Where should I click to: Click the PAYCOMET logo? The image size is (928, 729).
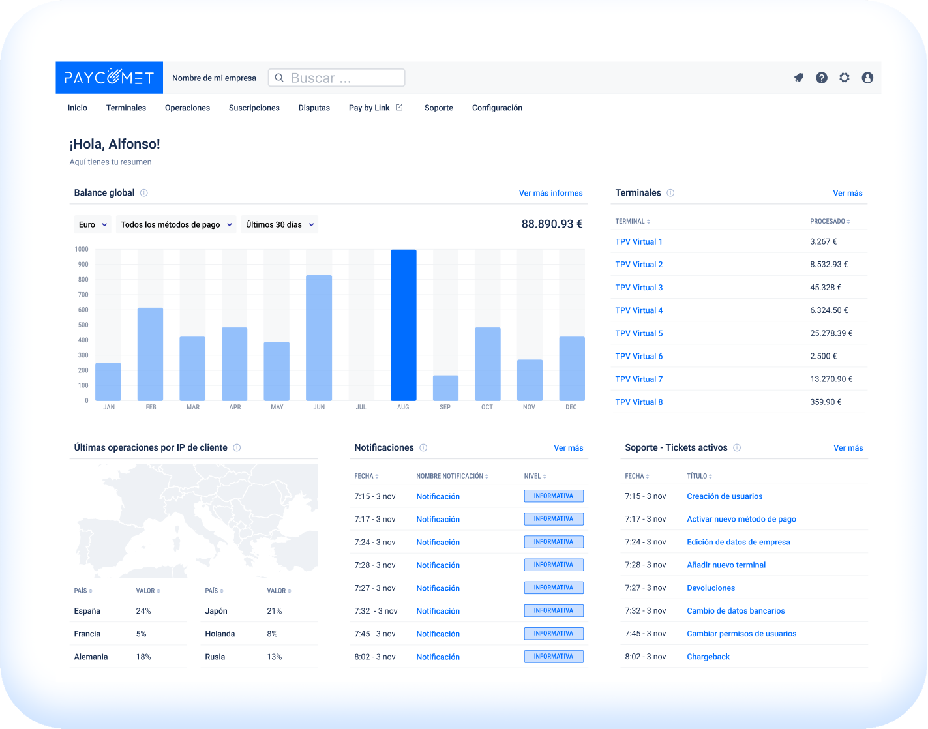pyautogui.click(x=109, y=78)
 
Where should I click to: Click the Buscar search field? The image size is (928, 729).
pyautogui.click(x=337, y=78)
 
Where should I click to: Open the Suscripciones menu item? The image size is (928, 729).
pyautogui.click(x=254, y=108)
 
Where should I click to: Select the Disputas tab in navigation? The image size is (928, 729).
pyautogui.click(x=314, y=108)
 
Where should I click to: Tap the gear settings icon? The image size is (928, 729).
pyautogui.click(x=845, y=78)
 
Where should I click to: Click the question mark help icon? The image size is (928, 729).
pyautogui.click(x=822, y=78)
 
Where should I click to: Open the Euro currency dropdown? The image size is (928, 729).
pyautogui.click(x=93, y=224)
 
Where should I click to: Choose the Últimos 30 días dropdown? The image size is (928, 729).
pyautogui.click(x=279, y=224)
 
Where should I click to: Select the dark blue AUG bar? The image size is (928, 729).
pyautogui.click(x=403, y=325)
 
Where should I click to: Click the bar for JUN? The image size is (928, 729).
pyautogui.click(x=319, y=338)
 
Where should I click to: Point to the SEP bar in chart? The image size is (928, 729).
pyautogui.click(x=445, y=388)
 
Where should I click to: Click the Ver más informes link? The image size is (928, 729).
pyautogui.click(x=550, y=193)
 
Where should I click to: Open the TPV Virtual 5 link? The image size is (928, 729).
pyautogui.click(x=638, y=333)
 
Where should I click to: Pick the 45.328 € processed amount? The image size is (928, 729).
pyautogui.click(x=825, y=288)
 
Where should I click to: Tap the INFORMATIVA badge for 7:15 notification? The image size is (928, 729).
pyautogui.click(x=553, y=496)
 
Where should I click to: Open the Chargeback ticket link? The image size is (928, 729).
pyautogui.click(x=708, y=657)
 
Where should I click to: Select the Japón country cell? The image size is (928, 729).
pyautogui.click(x=216, y=611)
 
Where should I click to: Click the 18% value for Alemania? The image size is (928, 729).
pyautogui.click(x=143, y=657)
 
